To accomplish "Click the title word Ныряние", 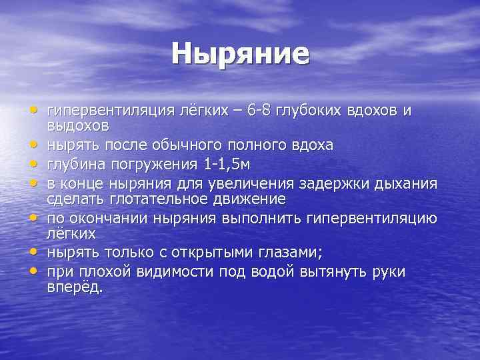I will click(240, 53).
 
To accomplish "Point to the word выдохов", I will click(78, 125).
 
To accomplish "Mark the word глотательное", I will click(152, 199).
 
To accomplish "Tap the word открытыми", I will click(211, 253).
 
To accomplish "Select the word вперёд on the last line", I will click(74, 287).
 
